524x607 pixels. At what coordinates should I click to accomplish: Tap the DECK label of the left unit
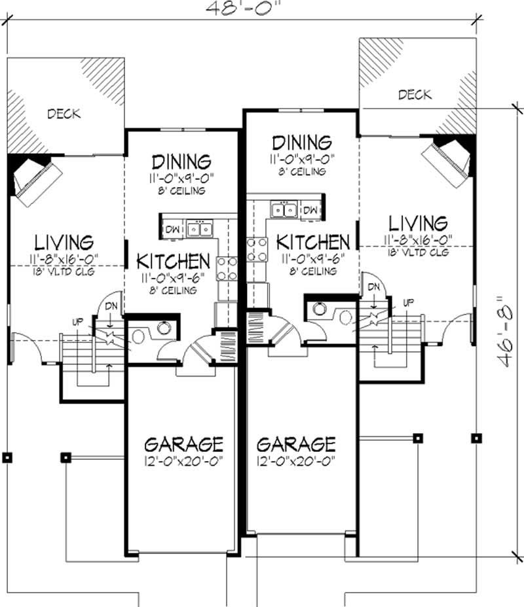pos(64,114)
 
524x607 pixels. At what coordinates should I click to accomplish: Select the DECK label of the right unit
pos(415,95)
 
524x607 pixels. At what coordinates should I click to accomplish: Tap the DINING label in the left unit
pos(181,161)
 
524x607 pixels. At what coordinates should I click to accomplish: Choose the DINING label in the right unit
pos(301,142)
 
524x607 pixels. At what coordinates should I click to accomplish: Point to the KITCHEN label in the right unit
pos(312,241)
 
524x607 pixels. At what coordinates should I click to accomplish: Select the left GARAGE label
pos(183,445)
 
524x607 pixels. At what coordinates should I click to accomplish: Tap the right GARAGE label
pos(296,445)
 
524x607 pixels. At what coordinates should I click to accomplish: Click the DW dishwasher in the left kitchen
pos(172,230)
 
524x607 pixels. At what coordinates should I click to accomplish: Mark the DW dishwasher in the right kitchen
pos(311,210)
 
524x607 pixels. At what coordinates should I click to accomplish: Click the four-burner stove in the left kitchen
pos(227,268)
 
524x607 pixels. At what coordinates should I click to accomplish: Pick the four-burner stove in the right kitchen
pos(256,249)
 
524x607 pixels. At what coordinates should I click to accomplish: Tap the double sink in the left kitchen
pos(200,229)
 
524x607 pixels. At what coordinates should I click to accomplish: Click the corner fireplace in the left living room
pos(36,177)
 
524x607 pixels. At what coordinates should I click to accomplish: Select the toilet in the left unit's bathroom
pos(138,336)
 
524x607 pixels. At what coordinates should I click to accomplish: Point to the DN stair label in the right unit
pos(374,286)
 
